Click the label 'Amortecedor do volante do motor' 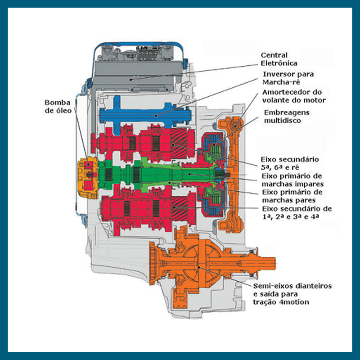293,96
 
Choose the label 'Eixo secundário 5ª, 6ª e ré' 290,163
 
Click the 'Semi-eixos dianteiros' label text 292,286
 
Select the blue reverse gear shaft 144,115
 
